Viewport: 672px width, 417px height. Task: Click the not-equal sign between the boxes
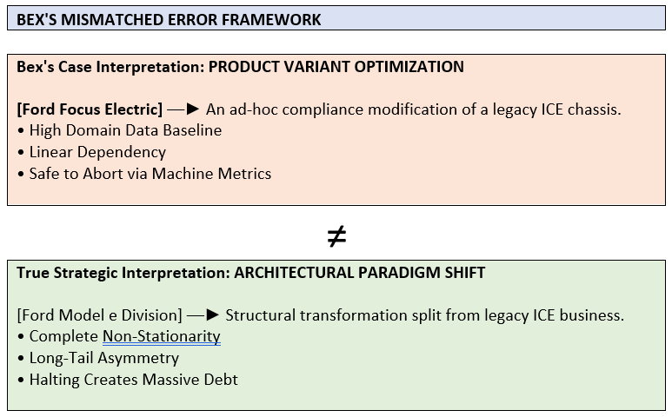pyautogui.click(x=336, y=236)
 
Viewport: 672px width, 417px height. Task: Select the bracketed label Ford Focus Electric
pyautogui.click(x=90, y=109)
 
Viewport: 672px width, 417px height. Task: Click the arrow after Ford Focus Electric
pyautogui.click(x=183, y=109)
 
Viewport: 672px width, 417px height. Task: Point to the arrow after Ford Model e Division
pyautogui.click(x=203, y=315)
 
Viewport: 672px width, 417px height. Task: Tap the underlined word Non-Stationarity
pyautogui.click(x=162, y=337)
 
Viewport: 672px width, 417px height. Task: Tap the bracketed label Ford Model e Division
pyautogui.click(x=99, y=315)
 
